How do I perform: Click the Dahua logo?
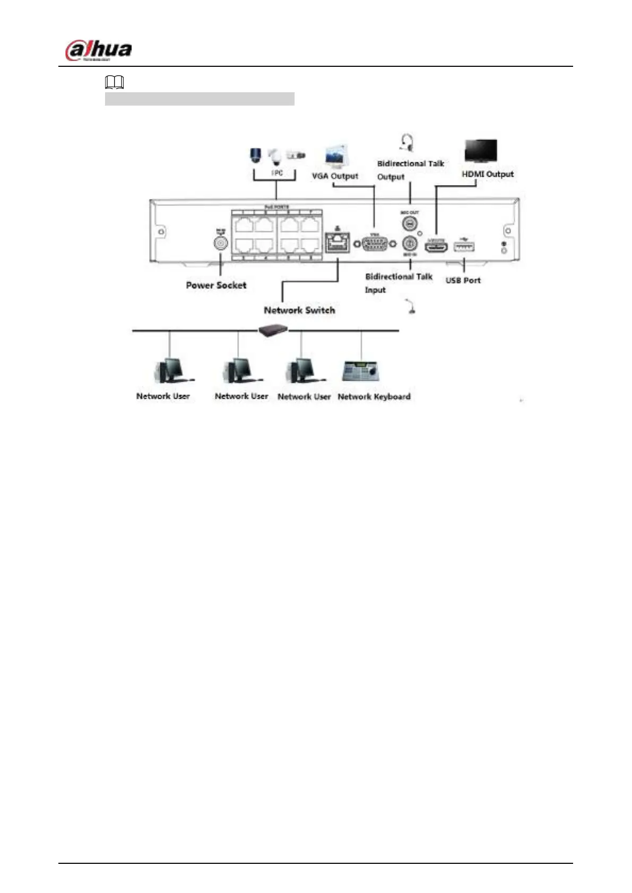pos(98,51)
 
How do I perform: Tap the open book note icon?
pos(115,82)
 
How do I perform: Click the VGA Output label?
pos(335,176)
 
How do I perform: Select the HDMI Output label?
pos(488,174)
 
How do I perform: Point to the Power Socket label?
pos(216,285)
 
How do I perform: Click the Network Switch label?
pos(299,310)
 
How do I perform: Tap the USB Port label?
pos(463,281)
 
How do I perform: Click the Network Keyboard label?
pos(374,396)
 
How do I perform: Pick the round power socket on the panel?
pos(220,243)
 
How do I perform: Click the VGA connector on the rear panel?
pos(375,244)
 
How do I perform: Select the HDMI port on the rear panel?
pos(436,246)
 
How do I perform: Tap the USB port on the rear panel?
pos(464,246)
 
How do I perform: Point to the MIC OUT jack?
pos(410,223)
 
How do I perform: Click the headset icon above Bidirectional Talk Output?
pos(406,142)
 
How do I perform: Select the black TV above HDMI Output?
pos(481,151)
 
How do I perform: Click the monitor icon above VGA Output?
pos(336,157)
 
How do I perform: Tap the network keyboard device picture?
pos(361,371)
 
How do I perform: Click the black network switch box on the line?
pos(273,330)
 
